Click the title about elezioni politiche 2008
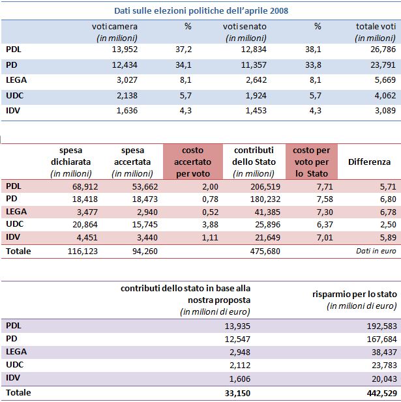[x=201, y=11]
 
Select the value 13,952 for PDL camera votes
[x=125, y=50]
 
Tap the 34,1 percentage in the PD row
[x=183, y=65]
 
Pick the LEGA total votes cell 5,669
[x=385, y=80]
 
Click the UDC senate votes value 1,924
[x=256, y=95]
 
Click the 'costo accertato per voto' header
[x=192, y=162]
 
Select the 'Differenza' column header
[x=369, y=162]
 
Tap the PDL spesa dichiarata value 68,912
[x=85, y=186]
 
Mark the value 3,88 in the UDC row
[x=210, y=225]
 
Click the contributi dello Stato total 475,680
[x=265, y=251]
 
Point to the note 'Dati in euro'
[x=376, y=251]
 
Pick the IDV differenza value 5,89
[x=388, y=237]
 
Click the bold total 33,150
[x=237, y=393]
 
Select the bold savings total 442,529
[x=381, y=393]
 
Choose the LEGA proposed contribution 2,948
[x=240, y=352]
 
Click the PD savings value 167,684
[x=381, y=339]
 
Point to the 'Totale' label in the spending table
[x=18, y=251]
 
